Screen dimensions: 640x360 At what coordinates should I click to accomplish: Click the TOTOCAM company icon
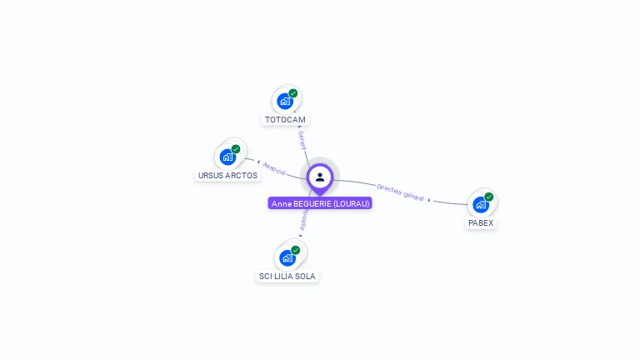click(x=285, y=101)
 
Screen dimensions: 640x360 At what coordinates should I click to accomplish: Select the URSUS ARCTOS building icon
click(x=227, y=157)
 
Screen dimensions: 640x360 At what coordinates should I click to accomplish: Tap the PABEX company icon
click(x=480, y=204)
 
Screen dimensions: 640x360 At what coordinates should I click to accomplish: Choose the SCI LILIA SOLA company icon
click(x=287, y=257)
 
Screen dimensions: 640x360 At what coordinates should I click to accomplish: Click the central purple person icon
click(x=320, y=177)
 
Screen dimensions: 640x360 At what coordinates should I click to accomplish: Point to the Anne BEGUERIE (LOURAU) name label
click(x=320, y=203)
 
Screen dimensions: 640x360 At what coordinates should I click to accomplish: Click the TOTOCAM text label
click(x=285, y=120)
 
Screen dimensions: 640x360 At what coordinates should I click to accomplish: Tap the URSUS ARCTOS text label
click(x=227, y=176)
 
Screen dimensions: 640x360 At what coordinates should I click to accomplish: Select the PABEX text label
click(x=481, y=223)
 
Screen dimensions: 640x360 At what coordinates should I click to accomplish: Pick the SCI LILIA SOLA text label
click(x=287, y=277)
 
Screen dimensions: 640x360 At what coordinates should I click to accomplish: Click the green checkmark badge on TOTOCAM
click(x=293, y=93)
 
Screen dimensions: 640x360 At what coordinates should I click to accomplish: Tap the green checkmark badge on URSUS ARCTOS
click(x=236, y=149)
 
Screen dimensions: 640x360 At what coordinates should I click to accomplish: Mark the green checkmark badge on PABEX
click(x=489, y=197)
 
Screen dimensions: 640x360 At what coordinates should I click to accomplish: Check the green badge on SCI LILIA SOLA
click(x=296, y=250)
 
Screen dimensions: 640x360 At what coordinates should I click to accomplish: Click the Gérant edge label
click(x=302, y=139)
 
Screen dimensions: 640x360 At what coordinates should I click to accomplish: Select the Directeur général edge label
click(x=401, y=192)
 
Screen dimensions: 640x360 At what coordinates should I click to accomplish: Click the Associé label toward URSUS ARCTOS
click(x=274, y=168)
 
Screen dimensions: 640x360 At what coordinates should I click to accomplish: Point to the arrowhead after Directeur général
click(x=429, y=200)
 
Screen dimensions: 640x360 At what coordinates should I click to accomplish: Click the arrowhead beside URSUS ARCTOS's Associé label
click(x=257, y=162)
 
